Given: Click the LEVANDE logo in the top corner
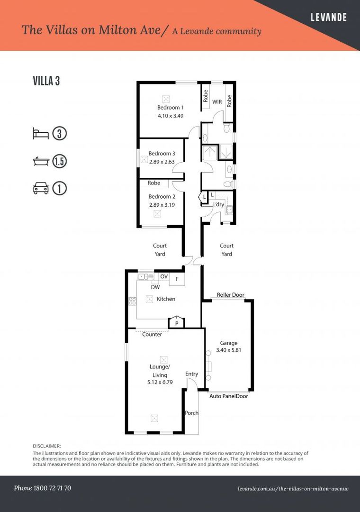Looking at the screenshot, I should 328,18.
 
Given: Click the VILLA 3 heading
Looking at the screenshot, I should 46,81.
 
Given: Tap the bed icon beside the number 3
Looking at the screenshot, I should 41,133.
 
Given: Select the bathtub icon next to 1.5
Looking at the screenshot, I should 41,161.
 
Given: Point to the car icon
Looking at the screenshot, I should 41,189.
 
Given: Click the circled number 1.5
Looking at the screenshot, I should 59,161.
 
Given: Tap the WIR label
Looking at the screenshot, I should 217,102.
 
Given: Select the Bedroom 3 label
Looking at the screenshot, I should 162,154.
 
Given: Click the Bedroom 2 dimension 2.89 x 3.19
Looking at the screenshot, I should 162,205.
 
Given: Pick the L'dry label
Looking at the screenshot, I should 218,204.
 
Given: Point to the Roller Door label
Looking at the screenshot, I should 230,295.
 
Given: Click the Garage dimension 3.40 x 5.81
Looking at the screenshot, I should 228,351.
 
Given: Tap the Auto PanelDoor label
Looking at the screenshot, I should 228,396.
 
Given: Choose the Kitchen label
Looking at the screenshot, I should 166,299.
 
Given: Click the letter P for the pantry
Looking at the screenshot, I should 177,323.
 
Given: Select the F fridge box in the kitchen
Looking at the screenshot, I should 177,279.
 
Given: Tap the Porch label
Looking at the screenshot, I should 192,412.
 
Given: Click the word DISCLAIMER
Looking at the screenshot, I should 47,446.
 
